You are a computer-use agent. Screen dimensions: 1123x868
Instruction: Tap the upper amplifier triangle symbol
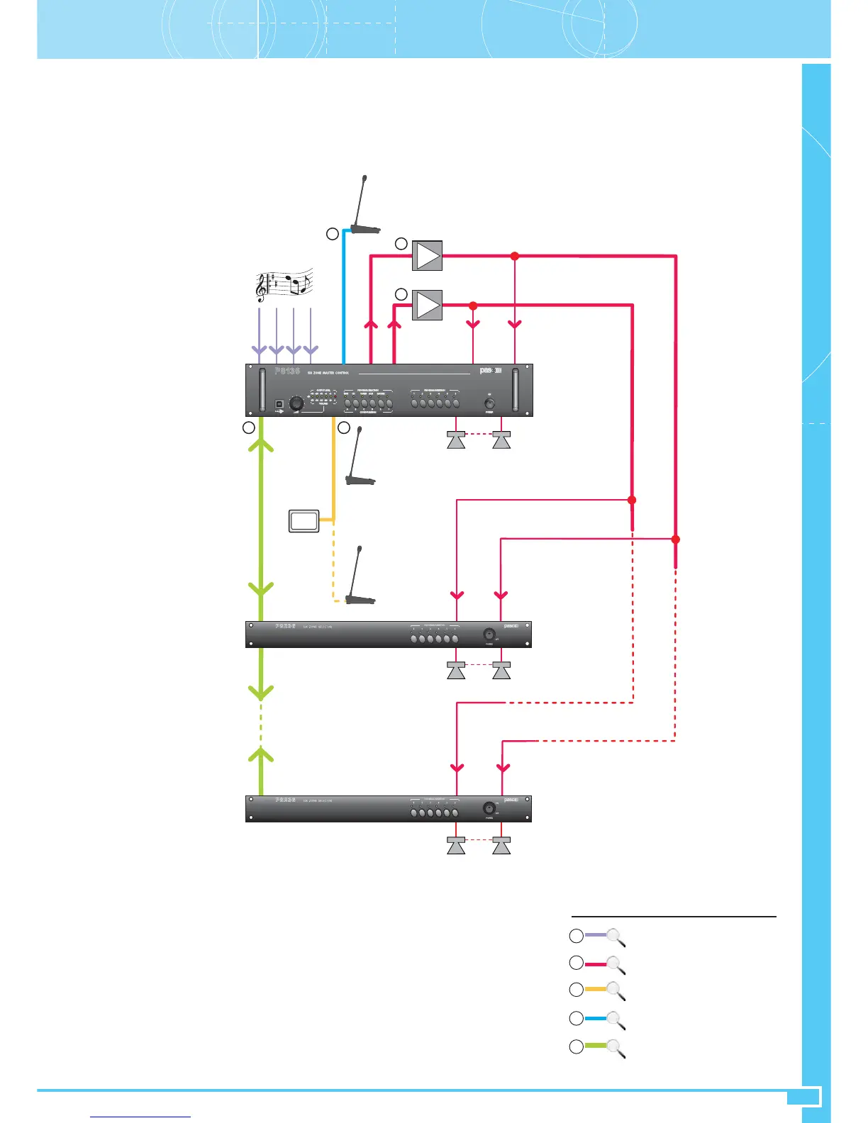pos(427,255)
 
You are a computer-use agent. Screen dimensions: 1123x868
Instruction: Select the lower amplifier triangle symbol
pos(427,305)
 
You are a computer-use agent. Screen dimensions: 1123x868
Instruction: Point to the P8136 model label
pos(288,371)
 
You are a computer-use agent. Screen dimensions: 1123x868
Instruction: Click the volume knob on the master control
pos(297,403)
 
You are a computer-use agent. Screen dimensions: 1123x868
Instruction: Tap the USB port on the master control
pos(279,404)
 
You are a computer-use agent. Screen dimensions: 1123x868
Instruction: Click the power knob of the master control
pos(489,403)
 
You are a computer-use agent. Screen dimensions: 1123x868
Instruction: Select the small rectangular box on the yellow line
pos(304,521)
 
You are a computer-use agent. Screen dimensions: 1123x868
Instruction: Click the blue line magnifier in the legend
pos(616,1019)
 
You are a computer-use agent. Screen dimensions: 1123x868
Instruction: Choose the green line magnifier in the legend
pos(616,1048)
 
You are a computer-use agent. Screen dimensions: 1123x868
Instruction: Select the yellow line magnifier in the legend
pos(616,990)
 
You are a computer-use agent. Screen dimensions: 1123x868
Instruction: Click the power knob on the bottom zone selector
pos(489,808)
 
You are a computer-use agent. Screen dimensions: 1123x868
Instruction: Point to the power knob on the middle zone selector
pos(489,634)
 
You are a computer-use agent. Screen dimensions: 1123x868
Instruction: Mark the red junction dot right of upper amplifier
pos(516,256)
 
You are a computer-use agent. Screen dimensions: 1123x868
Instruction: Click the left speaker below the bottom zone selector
pos(456,845)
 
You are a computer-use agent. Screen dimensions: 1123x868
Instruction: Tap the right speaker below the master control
pos(501,440)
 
